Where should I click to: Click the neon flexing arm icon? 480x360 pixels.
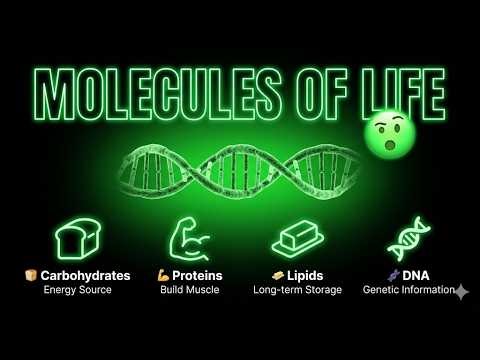click(x=190, y=240)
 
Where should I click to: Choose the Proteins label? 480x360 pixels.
click(x=196, y=275)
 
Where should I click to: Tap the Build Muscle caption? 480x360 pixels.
click(x=190, y=290)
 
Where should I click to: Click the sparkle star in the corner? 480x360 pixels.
click(x=460, y=292)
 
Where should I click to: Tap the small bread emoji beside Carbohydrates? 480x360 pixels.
click(x=30, y=275)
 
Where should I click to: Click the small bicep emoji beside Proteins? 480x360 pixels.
click(x=163, y=275)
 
